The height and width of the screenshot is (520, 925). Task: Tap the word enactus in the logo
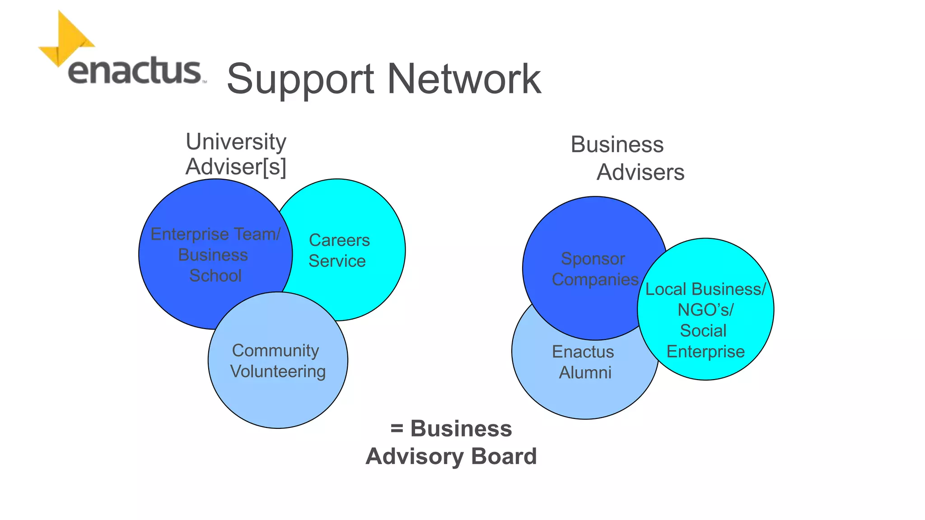click(135, 71)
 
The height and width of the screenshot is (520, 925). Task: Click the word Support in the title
click(300, 79)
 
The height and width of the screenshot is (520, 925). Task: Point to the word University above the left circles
click(236, 142)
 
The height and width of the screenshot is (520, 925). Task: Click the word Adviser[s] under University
click(236, 167)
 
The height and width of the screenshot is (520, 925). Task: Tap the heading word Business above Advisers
click(617, 145)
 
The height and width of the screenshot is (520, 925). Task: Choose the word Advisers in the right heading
click(640, 172)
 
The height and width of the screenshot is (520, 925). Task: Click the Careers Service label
click(339, 251)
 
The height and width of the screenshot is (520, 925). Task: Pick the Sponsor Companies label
click(594, 269)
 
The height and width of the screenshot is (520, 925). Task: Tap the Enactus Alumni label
click(584, 362)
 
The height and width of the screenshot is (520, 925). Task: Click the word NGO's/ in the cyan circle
click(705, 310)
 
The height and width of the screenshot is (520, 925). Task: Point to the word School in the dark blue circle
click(215, 276)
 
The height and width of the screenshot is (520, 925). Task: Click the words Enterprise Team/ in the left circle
click(215, 234)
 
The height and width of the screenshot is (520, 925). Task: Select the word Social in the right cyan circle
click(703, 331)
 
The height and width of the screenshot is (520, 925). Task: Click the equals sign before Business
click(397, 428)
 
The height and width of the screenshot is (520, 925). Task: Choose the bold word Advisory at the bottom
click(414, 457)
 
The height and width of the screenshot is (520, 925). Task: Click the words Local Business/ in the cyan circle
click(705, 289)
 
